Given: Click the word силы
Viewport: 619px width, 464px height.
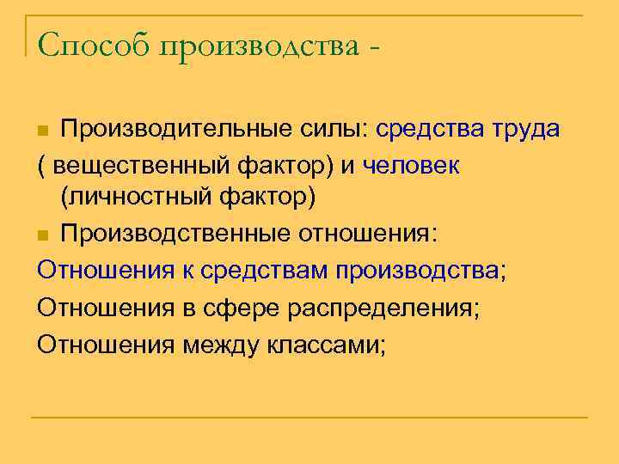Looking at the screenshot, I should [316, 130].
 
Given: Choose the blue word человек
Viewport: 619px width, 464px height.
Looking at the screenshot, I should [411, 164].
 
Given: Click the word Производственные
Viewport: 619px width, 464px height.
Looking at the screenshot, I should [175, 234].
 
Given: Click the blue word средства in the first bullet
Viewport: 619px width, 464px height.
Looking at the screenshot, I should [419, 130].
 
